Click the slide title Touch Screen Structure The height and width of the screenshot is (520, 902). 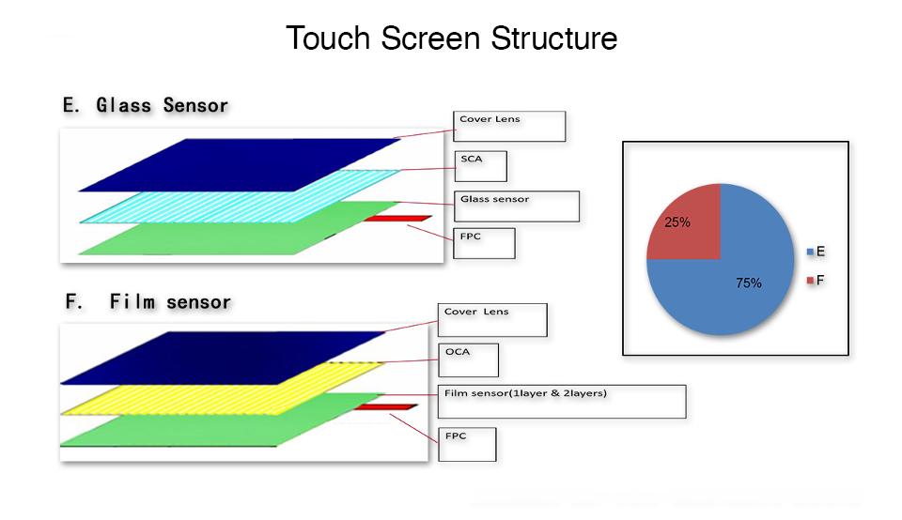coord(451,38)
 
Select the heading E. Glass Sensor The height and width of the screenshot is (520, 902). coord(146,105)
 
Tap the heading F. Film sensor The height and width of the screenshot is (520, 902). coord(148,301)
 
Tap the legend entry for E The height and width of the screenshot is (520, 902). coord(816,252)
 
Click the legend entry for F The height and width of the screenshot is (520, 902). coord(816,280)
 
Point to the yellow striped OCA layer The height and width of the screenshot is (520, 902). coord(225,385)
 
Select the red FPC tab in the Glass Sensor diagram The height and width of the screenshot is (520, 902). coord(395,219)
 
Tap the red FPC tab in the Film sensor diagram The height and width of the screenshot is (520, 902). coord(385,407)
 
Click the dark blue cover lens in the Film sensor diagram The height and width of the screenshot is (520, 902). coord(225,357)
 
